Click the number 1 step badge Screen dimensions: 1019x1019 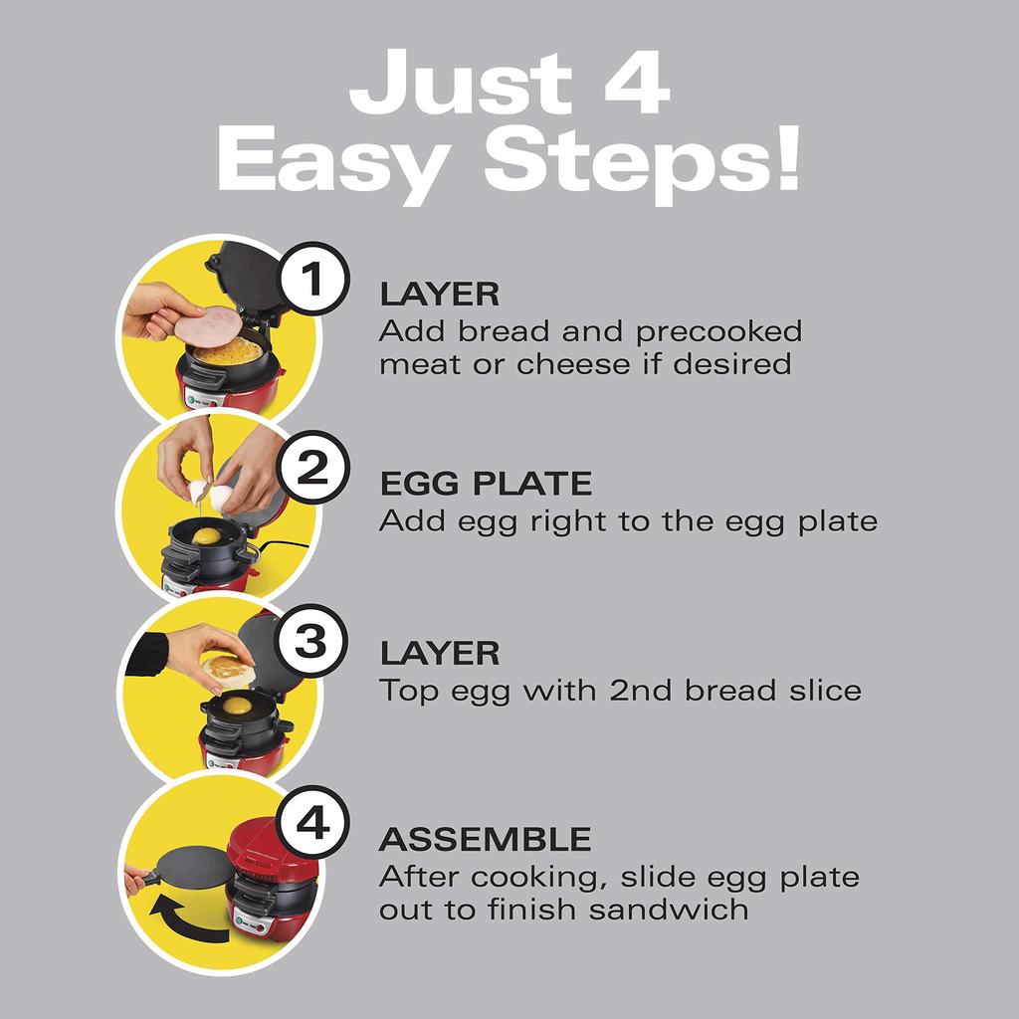311,282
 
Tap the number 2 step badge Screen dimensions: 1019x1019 311,468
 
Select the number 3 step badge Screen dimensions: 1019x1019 311,640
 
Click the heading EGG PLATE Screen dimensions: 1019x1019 485,485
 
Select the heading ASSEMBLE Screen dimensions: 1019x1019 485,839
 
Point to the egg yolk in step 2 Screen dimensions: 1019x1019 207,536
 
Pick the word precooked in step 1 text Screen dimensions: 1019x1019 719,330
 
